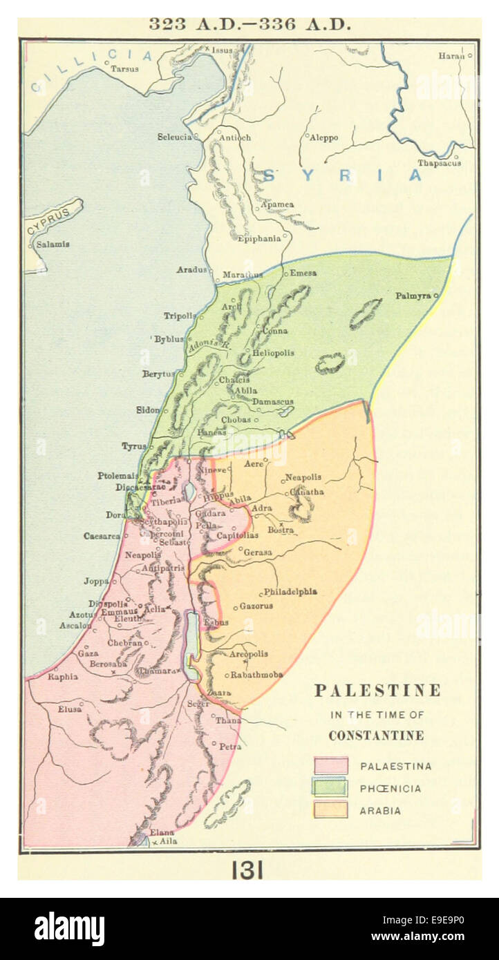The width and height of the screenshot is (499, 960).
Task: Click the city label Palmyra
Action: click(413, 296)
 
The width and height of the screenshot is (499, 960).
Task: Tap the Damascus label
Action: click(272, 401)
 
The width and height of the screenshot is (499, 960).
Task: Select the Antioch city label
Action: click(234, 137)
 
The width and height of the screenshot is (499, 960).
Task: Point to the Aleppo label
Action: click(323, 138)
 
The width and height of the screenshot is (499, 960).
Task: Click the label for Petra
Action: click(229, 747)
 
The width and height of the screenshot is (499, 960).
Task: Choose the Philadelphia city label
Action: click(290, 592)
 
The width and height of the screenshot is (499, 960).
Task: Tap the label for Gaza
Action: click(88, 653)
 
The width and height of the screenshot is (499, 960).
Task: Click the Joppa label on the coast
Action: click(96, 582)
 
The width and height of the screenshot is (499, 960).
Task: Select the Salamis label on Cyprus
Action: click(53, 244)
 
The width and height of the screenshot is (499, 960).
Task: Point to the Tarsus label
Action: click(124, 69)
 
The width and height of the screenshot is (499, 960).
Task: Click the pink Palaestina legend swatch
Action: click(330, 765)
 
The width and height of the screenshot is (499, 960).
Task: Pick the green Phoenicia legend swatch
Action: click(330, 787)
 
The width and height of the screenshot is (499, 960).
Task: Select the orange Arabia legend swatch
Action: click(330, 810)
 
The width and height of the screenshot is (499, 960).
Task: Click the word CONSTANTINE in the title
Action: click(376, 736)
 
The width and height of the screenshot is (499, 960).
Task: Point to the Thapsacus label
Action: click(438, 164)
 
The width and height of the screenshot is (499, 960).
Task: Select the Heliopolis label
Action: click(273, 353)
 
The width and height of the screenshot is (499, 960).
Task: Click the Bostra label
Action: click(281, 530)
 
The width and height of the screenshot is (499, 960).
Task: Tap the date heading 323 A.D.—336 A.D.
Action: click(249, 23)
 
